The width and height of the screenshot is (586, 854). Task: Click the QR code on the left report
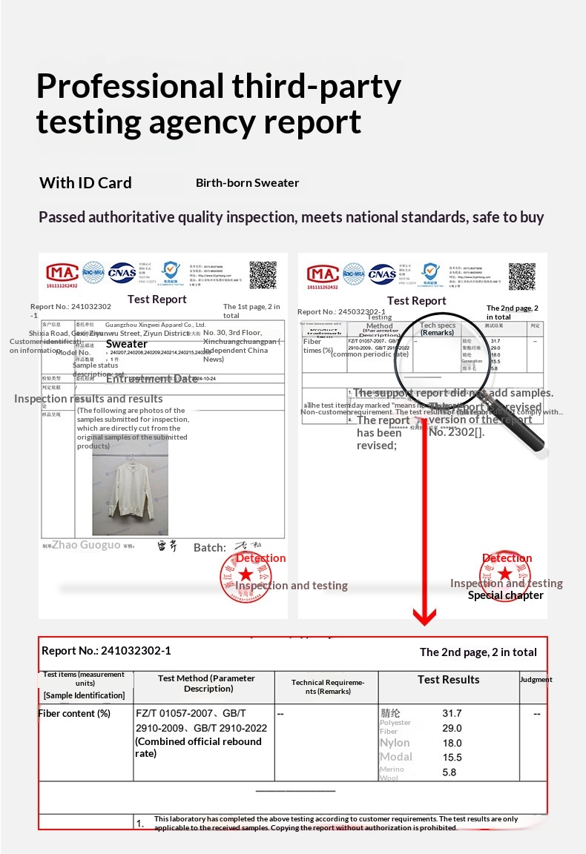tap(263, 274)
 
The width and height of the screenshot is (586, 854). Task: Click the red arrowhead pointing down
tap(424, 616)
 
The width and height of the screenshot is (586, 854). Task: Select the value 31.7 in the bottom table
tap(452, 713)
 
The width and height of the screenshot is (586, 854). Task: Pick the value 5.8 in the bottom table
tap(449, 772)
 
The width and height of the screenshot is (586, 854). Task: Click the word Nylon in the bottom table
tap(395, 743)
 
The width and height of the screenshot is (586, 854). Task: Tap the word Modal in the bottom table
tap(395, 757)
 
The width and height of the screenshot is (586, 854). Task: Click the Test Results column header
tap(448, 679)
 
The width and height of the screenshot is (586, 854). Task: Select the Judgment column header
tap(536, 679)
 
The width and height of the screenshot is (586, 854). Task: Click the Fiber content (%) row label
tap(74, 713)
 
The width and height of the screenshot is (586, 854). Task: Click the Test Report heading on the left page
tap(157, 299)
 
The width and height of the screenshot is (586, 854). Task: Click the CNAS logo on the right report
tap(382, 274)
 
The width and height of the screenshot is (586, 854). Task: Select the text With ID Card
tap(85, 183)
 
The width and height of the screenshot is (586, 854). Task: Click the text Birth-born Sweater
tap(247, 183)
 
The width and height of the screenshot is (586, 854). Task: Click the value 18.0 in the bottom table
tap(452, 743)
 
